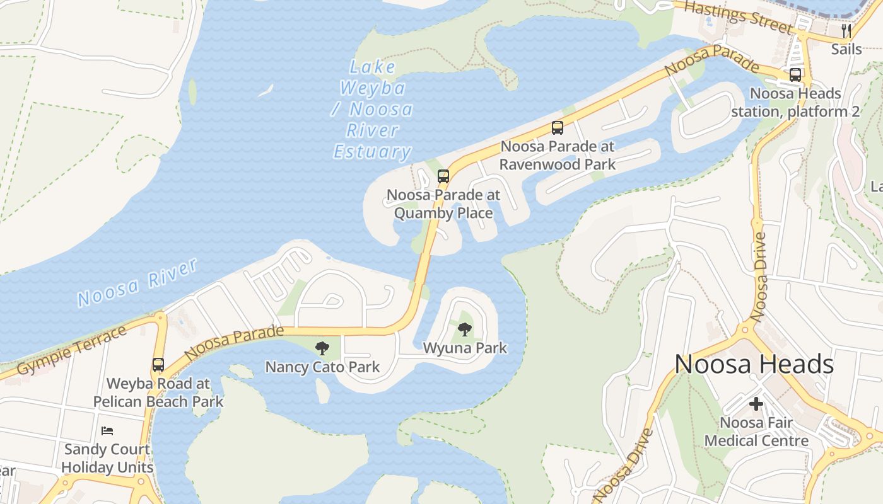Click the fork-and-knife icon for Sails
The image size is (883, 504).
point(846,30)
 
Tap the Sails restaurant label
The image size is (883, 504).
point(846,49)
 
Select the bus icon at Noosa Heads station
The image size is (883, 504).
point(795,75)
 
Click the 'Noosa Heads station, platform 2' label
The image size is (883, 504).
point(795,103)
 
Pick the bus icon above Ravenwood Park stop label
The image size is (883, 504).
point(558,128)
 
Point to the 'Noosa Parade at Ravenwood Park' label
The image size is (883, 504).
point(558,155)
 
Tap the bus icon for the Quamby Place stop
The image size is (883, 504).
point(443,176)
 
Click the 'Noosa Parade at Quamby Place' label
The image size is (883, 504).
point(443,203)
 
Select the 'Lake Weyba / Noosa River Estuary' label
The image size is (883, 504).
point(373,110)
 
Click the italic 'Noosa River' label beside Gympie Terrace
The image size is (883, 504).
point(138,283)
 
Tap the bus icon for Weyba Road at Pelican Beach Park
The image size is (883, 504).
point(158,365)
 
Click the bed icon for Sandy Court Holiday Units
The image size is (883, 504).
point(107,431)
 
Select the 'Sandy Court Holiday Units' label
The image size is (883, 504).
point(107,459)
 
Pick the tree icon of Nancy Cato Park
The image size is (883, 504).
point(322,348)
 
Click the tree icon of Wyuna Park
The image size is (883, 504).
point(465,329)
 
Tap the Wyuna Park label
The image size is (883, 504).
point(465,348)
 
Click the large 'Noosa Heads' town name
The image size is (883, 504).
point(754,364)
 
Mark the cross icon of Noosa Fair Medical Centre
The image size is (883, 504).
point(756,404)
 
